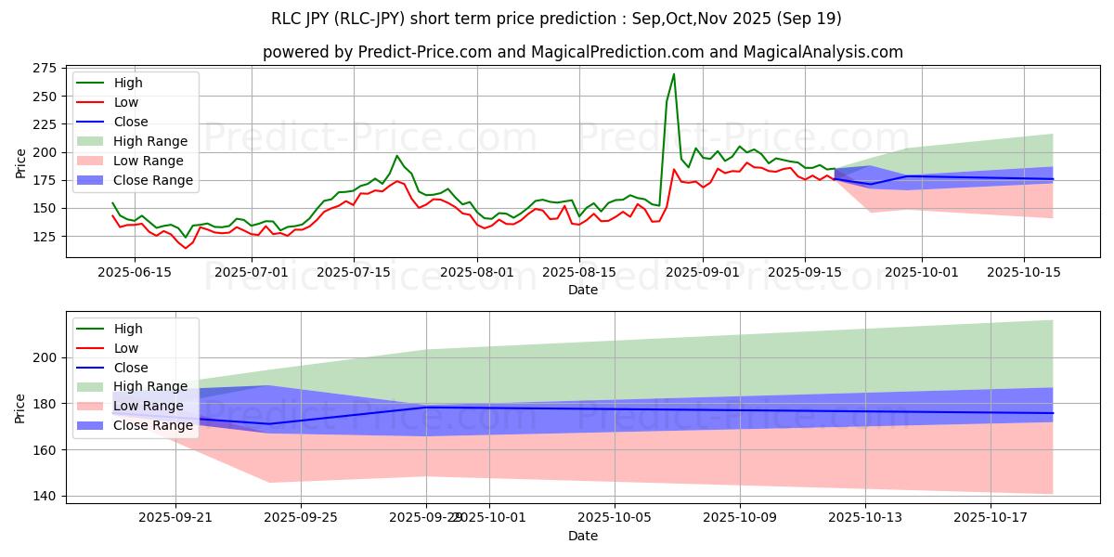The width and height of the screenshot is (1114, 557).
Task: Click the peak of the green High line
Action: pos(674,74)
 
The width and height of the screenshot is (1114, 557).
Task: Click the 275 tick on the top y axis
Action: pos(43,69)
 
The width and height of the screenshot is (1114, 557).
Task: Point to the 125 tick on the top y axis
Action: pos(43,237)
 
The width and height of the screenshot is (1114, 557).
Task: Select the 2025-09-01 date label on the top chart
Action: pos(703,271)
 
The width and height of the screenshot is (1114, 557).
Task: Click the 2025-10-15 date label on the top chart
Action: pos(1023,271)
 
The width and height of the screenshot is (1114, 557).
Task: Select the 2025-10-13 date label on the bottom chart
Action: pos(865,518)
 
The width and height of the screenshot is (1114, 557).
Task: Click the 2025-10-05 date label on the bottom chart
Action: pos(615,518)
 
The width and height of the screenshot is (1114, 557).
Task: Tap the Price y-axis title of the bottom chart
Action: pos(20,408)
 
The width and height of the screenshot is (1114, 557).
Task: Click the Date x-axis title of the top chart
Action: pos(583,290)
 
